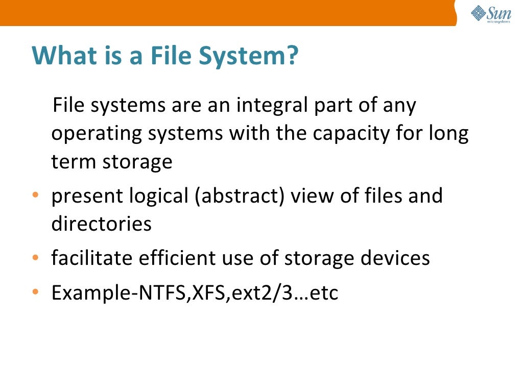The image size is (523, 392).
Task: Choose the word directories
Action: tap(101, 224)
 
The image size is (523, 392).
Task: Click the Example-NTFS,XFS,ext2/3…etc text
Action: tap(195, 293)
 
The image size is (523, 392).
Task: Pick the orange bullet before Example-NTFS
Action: tap(35, 293)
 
